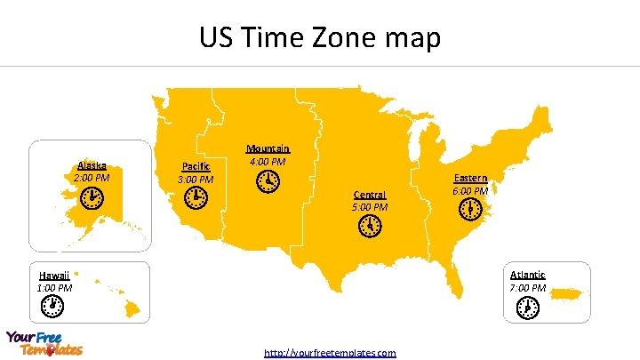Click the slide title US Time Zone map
pyautogui.click(x=319, y=38)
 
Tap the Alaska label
pyautogui.click(x=92, y=165)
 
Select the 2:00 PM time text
pyautogui.click(x=92, y=178)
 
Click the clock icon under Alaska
pyautogui.click(x=91, y=199)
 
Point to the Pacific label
pyautogui.click(x=196, y=166)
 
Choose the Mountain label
pyautogui.click(x=268, y=148)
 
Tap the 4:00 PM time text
pyautogui.click(x=268, y=162)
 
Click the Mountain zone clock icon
pyautogui.click(x=267, y=182)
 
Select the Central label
pyautogui.click(x=370, y=195)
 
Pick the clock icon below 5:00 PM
pyautogui.click(x=370, y=227)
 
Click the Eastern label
pyautogui.click(x=470, y=178)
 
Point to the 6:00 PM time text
pyautogui.click(x=470, y=191)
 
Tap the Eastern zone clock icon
pyautogui.click(x=470, y=211)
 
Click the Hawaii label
pyautogui.click(x=54, y=276)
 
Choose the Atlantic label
pyautogui.click(x=528, y=276)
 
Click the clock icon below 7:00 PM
pyautogui.click(x=527, y=308)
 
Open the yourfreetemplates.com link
pyautogui.click(x=330, y=353)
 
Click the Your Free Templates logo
pyautogui.click(x=44, y=343)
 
